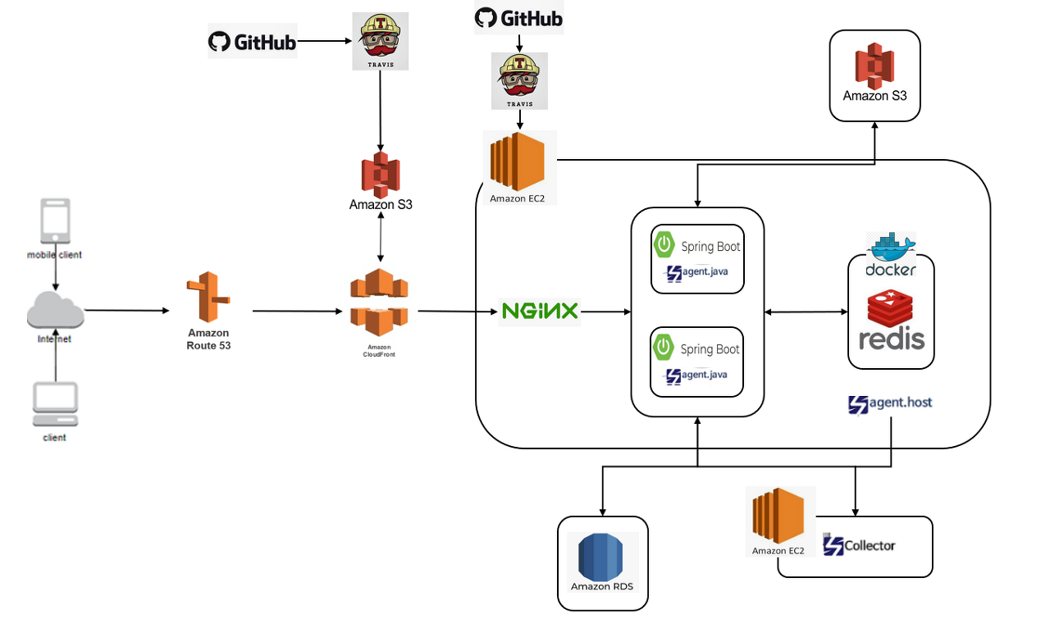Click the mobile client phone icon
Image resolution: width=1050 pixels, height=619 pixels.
pos(55,221)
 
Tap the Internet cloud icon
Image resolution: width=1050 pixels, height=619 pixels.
pos(55,312)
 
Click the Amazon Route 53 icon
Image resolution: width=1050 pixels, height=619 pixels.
pos(208,298)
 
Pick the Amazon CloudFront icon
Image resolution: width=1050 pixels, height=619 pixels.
pos(379,301)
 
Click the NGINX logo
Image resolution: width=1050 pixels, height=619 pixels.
pos(540,312)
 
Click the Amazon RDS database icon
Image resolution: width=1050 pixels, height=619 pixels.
pos(602,557)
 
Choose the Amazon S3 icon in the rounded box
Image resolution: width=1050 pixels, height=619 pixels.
pos(874,66)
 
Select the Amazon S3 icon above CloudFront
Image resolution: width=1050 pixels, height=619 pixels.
pos(381,174)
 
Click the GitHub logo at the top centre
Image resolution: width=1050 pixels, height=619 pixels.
pos(518,18)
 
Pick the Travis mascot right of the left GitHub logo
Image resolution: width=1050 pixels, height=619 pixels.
pos(381,41)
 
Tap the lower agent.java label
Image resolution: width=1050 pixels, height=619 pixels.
pos(696,375)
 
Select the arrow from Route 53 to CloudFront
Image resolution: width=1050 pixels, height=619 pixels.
pos(297,312)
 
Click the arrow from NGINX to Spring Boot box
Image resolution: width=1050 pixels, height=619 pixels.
pos(605,312)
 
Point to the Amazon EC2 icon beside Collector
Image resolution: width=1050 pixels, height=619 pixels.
pos(778,517)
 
